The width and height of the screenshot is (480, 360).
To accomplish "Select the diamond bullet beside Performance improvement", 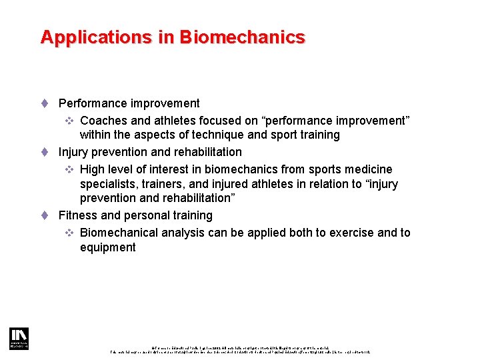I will [44, 103].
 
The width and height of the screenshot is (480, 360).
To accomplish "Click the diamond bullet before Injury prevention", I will [44, 152].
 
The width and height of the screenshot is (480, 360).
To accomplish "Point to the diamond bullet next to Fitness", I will [44, 215].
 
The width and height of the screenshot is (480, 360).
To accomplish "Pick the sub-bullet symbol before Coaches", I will [69, 121].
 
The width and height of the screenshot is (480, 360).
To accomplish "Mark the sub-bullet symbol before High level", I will [69, 169].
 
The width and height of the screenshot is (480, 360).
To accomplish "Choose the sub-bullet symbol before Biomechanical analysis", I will [69, 233].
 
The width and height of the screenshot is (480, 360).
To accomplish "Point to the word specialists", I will [107, 184].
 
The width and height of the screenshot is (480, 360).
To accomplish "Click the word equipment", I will [108, 247].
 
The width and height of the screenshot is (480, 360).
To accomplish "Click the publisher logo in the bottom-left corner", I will [19, 339].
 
